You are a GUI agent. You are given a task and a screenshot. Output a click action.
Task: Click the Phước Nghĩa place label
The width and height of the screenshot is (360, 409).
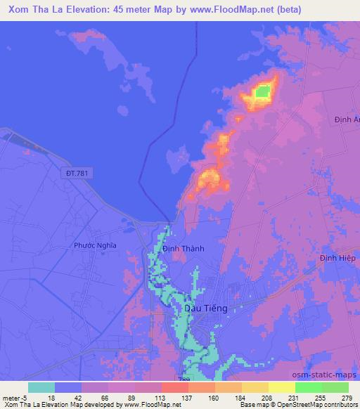click(95, 245)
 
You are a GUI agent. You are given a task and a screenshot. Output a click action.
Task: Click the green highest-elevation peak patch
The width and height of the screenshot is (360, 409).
click(262, 91)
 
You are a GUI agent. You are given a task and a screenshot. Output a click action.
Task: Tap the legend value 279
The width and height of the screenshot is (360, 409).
click(348, 397)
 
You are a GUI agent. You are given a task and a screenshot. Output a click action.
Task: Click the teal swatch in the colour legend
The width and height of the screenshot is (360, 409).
click(41, 387)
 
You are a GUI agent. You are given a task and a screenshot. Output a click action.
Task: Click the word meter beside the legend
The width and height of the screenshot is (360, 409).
click(11, 397)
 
